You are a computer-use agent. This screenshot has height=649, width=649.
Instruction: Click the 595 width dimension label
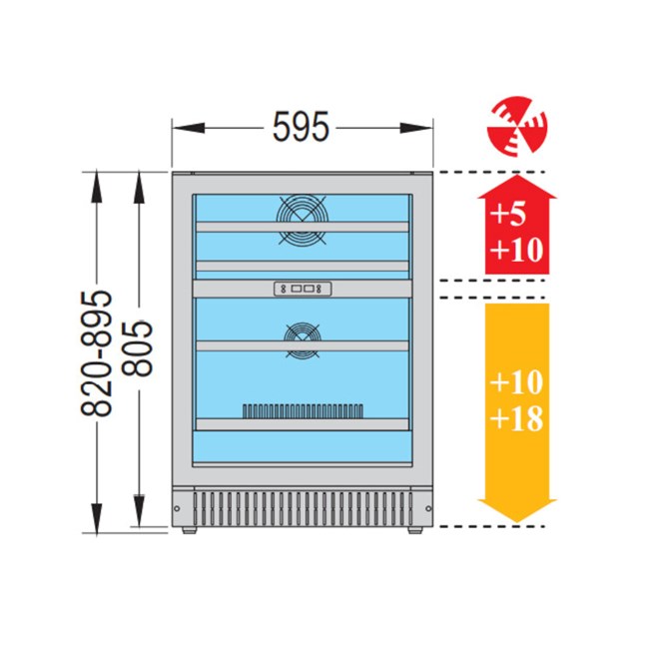[301, 127]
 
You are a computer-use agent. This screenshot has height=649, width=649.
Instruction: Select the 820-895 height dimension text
[96, 353]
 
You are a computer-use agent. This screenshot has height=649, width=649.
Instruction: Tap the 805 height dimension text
[138, 348]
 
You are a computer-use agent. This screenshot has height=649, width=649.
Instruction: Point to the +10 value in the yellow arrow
[516, 381]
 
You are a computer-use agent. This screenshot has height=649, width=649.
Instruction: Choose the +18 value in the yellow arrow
[517, 418]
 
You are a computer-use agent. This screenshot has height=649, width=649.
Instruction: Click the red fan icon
[517, 126]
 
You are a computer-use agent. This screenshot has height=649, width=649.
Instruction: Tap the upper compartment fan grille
[303, 219]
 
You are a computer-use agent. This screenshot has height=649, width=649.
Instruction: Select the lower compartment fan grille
[303, 340]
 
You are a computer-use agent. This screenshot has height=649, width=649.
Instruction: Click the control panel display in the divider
[303, 289]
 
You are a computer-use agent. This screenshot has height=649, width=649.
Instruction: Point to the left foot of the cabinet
[189, 530]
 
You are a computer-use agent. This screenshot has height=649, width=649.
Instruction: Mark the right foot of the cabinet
[415, 530]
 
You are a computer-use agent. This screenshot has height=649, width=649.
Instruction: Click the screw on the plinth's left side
[177, 508]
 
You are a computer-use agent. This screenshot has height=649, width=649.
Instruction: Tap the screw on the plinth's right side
[428, 508]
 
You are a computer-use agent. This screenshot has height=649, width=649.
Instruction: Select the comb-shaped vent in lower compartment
[303, 411]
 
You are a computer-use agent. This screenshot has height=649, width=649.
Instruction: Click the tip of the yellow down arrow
[517, 522]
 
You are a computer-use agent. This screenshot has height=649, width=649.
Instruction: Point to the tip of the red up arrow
[517, 175]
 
